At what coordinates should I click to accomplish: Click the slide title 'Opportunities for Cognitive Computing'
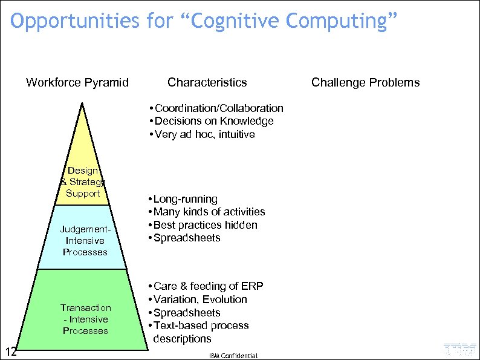point(204,21)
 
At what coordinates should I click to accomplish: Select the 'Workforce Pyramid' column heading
point(77,82)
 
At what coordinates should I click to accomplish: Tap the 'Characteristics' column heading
point(207,82)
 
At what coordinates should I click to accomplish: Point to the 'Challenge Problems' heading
point(365,82)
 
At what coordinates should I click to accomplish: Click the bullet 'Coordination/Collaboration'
point(218,108)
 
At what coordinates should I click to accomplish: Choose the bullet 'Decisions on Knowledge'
point(213,121)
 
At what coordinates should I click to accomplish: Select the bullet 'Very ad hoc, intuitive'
point(204,134)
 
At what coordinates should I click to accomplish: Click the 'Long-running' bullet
point(185,199)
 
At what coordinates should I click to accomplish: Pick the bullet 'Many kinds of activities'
point(209,212)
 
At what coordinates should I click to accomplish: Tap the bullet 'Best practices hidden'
point(205,225)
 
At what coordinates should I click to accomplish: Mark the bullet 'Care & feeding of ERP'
point(208,286)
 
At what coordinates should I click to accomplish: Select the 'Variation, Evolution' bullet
point(200,299)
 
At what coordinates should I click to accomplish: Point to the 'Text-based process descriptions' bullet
point(201,332)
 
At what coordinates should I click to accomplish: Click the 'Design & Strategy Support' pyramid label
point(83,182)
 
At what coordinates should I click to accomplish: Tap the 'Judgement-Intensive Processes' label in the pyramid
point(85,241)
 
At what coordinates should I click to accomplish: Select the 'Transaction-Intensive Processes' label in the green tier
point(85,319)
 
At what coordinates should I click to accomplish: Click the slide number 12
point(10,352)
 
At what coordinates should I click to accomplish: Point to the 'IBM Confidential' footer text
point(233,356)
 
